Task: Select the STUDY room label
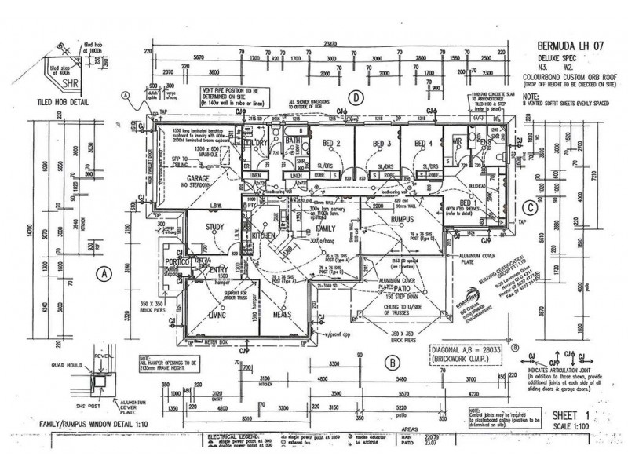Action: [x=216, y=228]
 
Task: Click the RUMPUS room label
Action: [x=400, y=219]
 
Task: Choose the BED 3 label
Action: [x=382, y=144]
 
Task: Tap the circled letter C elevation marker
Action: [x=531, y=207]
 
